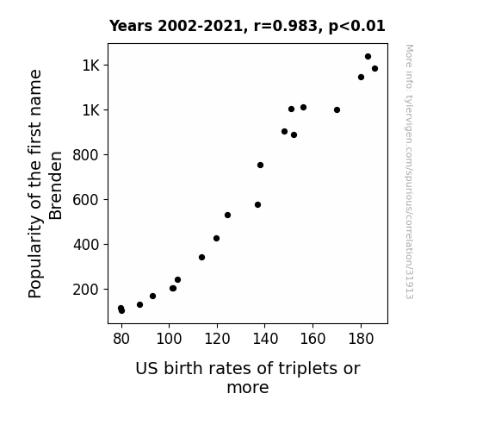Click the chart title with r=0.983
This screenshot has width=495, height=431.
click(247, 26)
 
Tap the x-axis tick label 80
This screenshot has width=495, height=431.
click(121, 340)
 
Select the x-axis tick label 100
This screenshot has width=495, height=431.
click(170, 340)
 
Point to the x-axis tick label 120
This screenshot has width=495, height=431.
click(217, 340)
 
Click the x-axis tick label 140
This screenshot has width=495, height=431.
click(265, 340)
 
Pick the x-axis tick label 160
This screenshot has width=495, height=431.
click(312, 340)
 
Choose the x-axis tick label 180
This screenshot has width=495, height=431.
click(361, 340)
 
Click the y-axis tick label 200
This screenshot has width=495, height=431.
click(86, 290)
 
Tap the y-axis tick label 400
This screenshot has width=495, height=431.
click(86, 245)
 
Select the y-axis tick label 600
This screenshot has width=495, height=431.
click(86, 200)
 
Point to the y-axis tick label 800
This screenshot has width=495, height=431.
click(86, 155)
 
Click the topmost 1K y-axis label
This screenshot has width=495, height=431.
click(91, 66)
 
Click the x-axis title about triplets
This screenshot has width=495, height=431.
click(248, 378)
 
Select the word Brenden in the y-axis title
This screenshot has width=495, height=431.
click(56, 185)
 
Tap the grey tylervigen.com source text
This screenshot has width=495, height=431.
click(409, 172)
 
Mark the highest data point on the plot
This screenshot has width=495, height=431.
click(368, 57)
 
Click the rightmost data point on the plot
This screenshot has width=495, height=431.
click(374, 69)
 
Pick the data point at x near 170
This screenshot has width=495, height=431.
click(337, 110)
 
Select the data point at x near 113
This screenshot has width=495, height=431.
click(201, 258)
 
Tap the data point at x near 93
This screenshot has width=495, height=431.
click(152, 297)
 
